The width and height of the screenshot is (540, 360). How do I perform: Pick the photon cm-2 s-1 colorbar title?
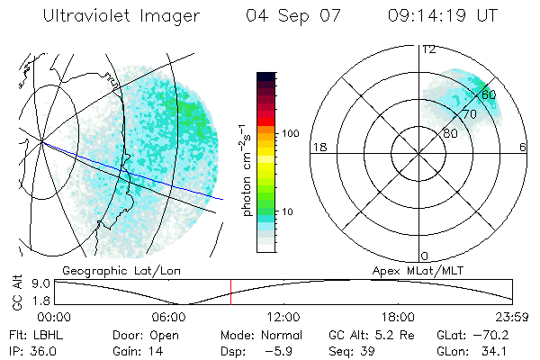[x=247, y=166]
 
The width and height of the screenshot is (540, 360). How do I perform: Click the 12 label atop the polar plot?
[x=429, y=49]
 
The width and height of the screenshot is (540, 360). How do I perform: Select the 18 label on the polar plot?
[x=318, y=147]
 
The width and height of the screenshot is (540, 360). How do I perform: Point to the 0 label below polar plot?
[x=425, y=256]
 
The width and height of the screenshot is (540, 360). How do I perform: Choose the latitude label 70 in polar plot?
[x=469, y=114]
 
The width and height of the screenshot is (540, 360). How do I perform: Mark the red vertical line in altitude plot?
[x=230, y=292]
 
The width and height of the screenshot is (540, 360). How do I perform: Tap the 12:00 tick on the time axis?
[x=283, y=317]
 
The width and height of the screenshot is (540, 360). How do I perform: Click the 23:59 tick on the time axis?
[x=513, y=317]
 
